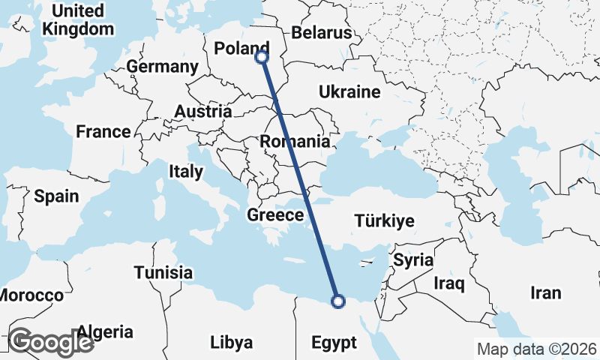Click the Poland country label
pyautogui.click(x=241, y=49)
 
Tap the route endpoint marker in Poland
pyautogui.click(x=262, y=56)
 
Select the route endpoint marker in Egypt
pyautogui.click(x=338, y=301)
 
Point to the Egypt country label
pyautogui.click(x=334, y=343)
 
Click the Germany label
pyautogui.click(x=162, y=67)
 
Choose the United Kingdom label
pyautogui.click(x=78, y=20)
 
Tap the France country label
pyautogui.click(x=103, y=132)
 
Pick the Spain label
pyautogui.click(x=56, y=196)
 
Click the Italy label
pyautogui.click(x=186, y=171)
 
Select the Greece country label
pyautogui.click(x=275, y=216)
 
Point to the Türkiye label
pyautogui.click(x=385, y=221)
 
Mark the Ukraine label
pyautogui.click(x=349, y=92)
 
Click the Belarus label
pyautogui.click(x=321, y=33)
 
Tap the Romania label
pyautogui.click(x=295, y=141)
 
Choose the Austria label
pyautogui.click(x=202, y=112)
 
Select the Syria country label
pyautogui.click(x=413, y=260)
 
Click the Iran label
pyautogui.click(x=545, y=292)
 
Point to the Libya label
pyautogui.click(x=231, y=343)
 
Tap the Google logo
pyautogui.click(x=52, y=342)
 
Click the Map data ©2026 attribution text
pyautogui.click(x=535, y=349)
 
